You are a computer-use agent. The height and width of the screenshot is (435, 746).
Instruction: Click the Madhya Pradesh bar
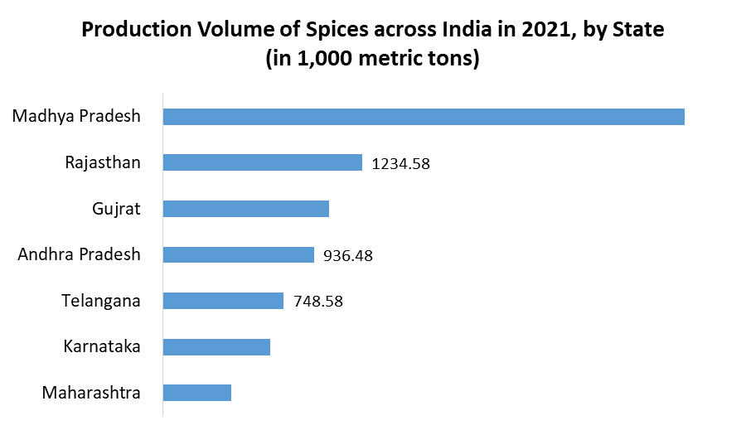424,117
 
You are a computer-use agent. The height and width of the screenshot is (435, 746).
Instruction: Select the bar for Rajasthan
263,162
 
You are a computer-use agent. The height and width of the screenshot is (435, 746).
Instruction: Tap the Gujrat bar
246,209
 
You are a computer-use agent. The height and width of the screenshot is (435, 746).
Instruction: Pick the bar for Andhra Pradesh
239,254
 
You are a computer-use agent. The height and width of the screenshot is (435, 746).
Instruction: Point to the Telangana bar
223,301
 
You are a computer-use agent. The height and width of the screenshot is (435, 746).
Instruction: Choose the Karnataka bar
216,346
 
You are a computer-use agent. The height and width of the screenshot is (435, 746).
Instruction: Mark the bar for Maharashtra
197,393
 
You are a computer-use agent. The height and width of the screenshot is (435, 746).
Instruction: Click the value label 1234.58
401,163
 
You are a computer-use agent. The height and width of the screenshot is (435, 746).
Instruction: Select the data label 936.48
348,255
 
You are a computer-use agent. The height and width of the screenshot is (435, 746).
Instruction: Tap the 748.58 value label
318,302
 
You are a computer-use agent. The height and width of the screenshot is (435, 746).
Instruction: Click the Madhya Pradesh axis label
76,117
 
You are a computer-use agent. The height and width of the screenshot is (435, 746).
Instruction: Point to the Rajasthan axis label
103,162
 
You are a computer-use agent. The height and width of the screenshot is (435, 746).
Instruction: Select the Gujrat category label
116,209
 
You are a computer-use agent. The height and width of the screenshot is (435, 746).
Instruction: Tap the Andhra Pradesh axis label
80,254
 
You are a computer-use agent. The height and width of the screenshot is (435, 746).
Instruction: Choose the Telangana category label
101,301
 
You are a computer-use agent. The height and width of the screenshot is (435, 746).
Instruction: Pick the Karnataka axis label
102,346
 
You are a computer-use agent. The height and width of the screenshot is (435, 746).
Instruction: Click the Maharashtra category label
91,393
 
